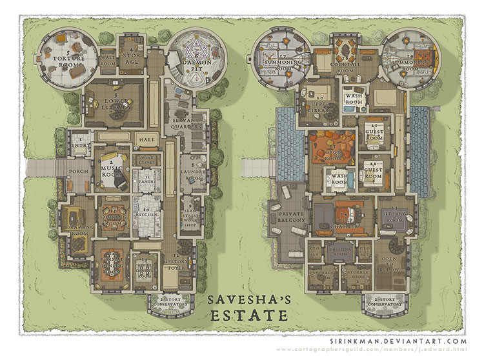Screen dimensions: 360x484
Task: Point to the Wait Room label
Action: coord(108,59)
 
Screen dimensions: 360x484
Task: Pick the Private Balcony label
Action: coord(290,219)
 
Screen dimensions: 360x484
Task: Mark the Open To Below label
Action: coord(391,261)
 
